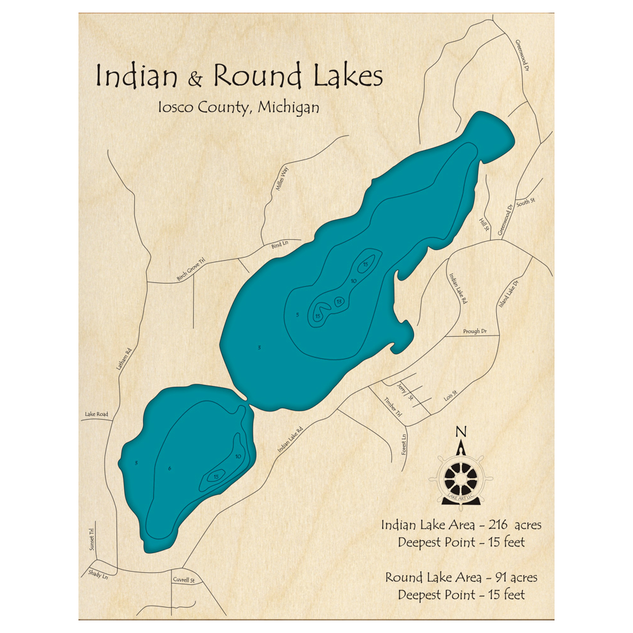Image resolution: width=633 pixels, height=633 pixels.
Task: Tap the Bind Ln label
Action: point(279,244)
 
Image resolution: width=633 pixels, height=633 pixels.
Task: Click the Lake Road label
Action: point(96,415)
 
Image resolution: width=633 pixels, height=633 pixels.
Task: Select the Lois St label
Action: point(450,396)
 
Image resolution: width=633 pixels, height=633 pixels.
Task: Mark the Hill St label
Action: point(484,223)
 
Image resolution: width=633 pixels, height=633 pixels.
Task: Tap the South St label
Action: point(525,203)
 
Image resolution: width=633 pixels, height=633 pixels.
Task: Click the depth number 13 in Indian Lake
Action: point(339,301)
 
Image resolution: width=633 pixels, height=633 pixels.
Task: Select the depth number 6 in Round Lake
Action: point(170,468)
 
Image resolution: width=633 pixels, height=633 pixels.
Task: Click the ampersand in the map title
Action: point(196,79)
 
